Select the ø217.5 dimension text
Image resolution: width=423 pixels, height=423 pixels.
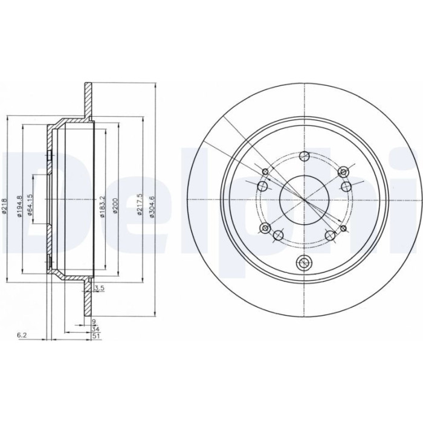pyautogui.click(x=139, y=204)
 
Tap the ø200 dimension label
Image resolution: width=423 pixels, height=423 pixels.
pyautogui.click(x=115, y=206)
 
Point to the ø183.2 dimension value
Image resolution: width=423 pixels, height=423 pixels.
pyautogui.click(x=102, y=207)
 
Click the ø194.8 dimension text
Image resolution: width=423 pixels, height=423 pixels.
pyautogui.click(x=19, y=207)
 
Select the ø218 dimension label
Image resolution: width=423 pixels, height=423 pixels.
pyautogui.click(x=4, y=207)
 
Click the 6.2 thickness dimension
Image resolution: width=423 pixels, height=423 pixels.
pyautogui.click(x=22, y=335)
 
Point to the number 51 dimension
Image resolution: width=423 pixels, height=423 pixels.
pyautogui.click(x=95, y=336)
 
